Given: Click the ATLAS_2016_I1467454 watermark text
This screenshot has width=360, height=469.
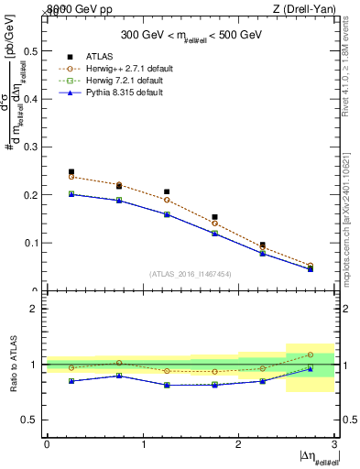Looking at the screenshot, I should tap(191, 273).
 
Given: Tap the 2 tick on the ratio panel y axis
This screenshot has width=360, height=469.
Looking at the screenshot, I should tap(35, 309).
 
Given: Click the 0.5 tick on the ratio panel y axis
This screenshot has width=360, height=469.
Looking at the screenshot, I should tap(29, 420).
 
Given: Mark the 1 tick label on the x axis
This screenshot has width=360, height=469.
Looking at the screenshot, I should tap(143, 443).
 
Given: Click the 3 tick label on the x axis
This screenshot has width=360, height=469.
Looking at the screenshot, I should tap(334, 443).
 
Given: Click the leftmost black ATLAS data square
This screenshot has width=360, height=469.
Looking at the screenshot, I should tap(71, 171).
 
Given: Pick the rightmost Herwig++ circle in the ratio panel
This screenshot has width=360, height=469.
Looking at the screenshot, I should tap(311, 354).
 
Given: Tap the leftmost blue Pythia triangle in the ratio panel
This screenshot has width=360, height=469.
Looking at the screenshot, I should tap(71, 380).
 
